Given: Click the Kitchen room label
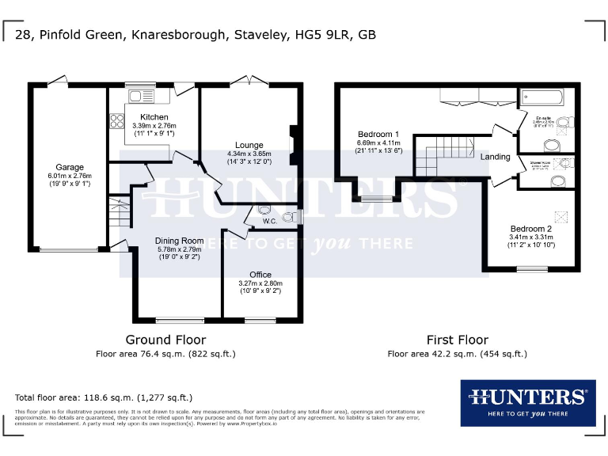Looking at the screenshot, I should coord(154,117).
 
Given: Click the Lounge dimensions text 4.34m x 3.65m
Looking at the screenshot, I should coord(249,154).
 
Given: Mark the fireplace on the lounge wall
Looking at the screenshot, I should coord(294,146).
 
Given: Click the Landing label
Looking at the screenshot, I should coord(495,157).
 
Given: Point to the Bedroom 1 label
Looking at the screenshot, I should coord(378,135).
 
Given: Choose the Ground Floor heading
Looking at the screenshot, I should coord(165,340).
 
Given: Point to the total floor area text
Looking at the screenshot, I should coord(104,397).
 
